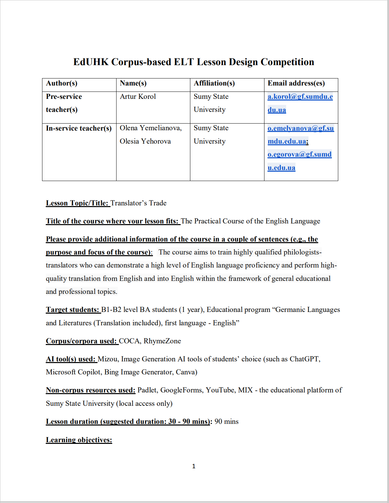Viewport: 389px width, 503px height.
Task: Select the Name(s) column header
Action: click(x=133, y=83)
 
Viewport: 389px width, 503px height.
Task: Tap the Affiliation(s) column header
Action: click(x=214, y=83)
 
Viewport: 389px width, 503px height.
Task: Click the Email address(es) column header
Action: click(x=296, y=83)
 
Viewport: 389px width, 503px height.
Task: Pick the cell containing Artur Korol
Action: click(x=138, y=97)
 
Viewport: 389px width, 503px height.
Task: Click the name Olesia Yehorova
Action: click(x=145, y=141)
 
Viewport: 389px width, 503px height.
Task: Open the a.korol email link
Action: click(x=300, y=97)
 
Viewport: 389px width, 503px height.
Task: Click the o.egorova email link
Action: click(x=299, y=154)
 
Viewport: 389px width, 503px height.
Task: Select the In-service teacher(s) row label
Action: click(x=78, y=128)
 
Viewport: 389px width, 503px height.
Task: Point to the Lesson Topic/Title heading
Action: click(x=77, y=203)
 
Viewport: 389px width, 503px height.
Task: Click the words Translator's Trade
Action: click(x=138, y=203)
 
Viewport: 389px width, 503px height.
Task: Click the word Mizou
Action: click(x=107, y=359)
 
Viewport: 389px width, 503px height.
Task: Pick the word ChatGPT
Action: click(x=304, y=359)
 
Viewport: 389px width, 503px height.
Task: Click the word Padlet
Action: click(x=147, y=390)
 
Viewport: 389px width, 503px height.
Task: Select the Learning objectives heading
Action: click(x=79, y=440)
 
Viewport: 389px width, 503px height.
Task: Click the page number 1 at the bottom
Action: click(x=194, y=466)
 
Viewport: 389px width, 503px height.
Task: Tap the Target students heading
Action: click(x=73, y=310)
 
